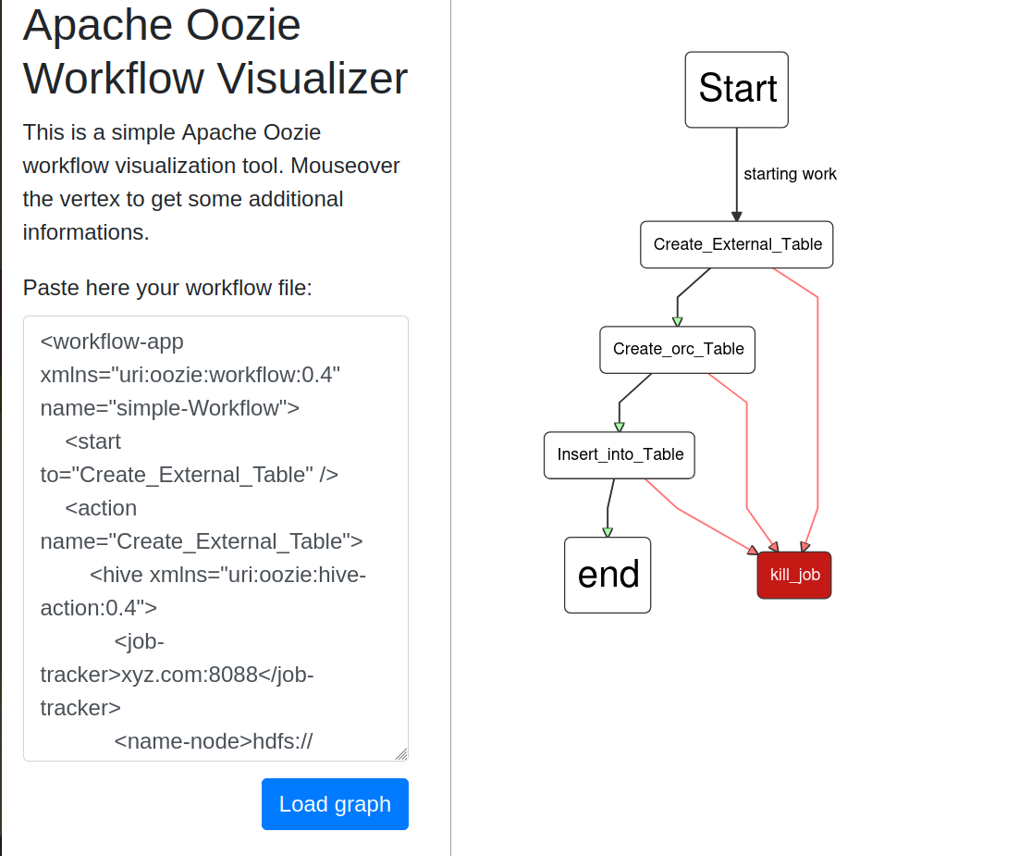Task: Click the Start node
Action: click(736, 90)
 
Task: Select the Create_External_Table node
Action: click(737, 244)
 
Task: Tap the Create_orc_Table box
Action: click(678, 350)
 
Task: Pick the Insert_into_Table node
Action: click(620, 455)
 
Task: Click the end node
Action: click(608, 575)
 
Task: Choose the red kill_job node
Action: click(794, 575)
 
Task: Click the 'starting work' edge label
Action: click(790, 174)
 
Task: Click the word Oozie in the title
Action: click(243, 25)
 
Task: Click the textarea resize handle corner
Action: click(401, 754)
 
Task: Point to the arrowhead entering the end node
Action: click(608, 532)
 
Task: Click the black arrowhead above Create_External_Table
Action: click(736, 217)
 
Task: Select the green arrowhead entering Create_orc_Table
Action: click(677, 322)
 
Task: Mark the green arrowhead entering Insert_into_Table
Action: click(620, 428)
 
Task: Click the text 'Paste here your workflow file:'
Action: click(167, 288)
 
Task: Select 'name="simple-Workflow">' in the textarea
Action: click(169, 408)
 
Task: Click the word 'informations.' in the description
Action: click(86, 232)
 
